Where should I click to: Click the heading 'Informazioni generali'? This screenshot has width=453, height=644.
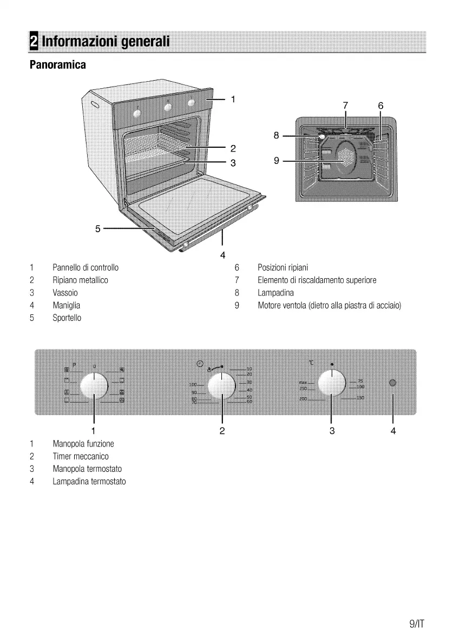(x=106, y=41)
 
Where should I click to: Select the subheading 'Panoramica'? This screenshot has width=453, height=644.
(x=57, y=65)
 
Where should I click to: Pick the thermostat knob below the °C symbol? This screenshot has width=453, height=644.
(x=331, y=383)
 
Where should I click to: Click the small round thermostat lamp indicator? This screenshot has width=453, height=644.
(x=393, y=383)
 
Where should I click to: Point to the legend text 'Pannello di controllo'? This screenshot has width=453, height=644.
(x=86, y=267)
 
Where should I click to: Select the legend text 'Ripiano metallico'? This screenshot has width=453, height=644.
(x=80, y=280)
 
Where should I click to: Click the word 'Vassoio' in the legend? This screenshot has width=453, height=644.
(x=65, y=293)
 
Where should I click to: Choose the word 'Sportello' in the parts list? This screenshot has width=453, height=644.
(x=67, y=318)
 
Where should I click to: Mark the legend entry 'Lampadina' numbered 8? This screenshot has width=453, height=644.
(x=276, y=293)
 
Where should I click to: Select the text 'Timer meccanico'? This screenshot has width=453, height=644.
(x=81, y=456)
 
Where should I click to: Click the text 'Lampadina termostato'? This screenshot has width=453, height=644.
(x=89, y=481)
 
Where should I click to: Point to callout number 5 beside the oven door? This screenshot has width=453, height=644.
(x=98, y=229)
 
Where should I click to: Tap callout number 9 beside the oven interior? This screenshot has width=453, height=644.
(x=276, y=161)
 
